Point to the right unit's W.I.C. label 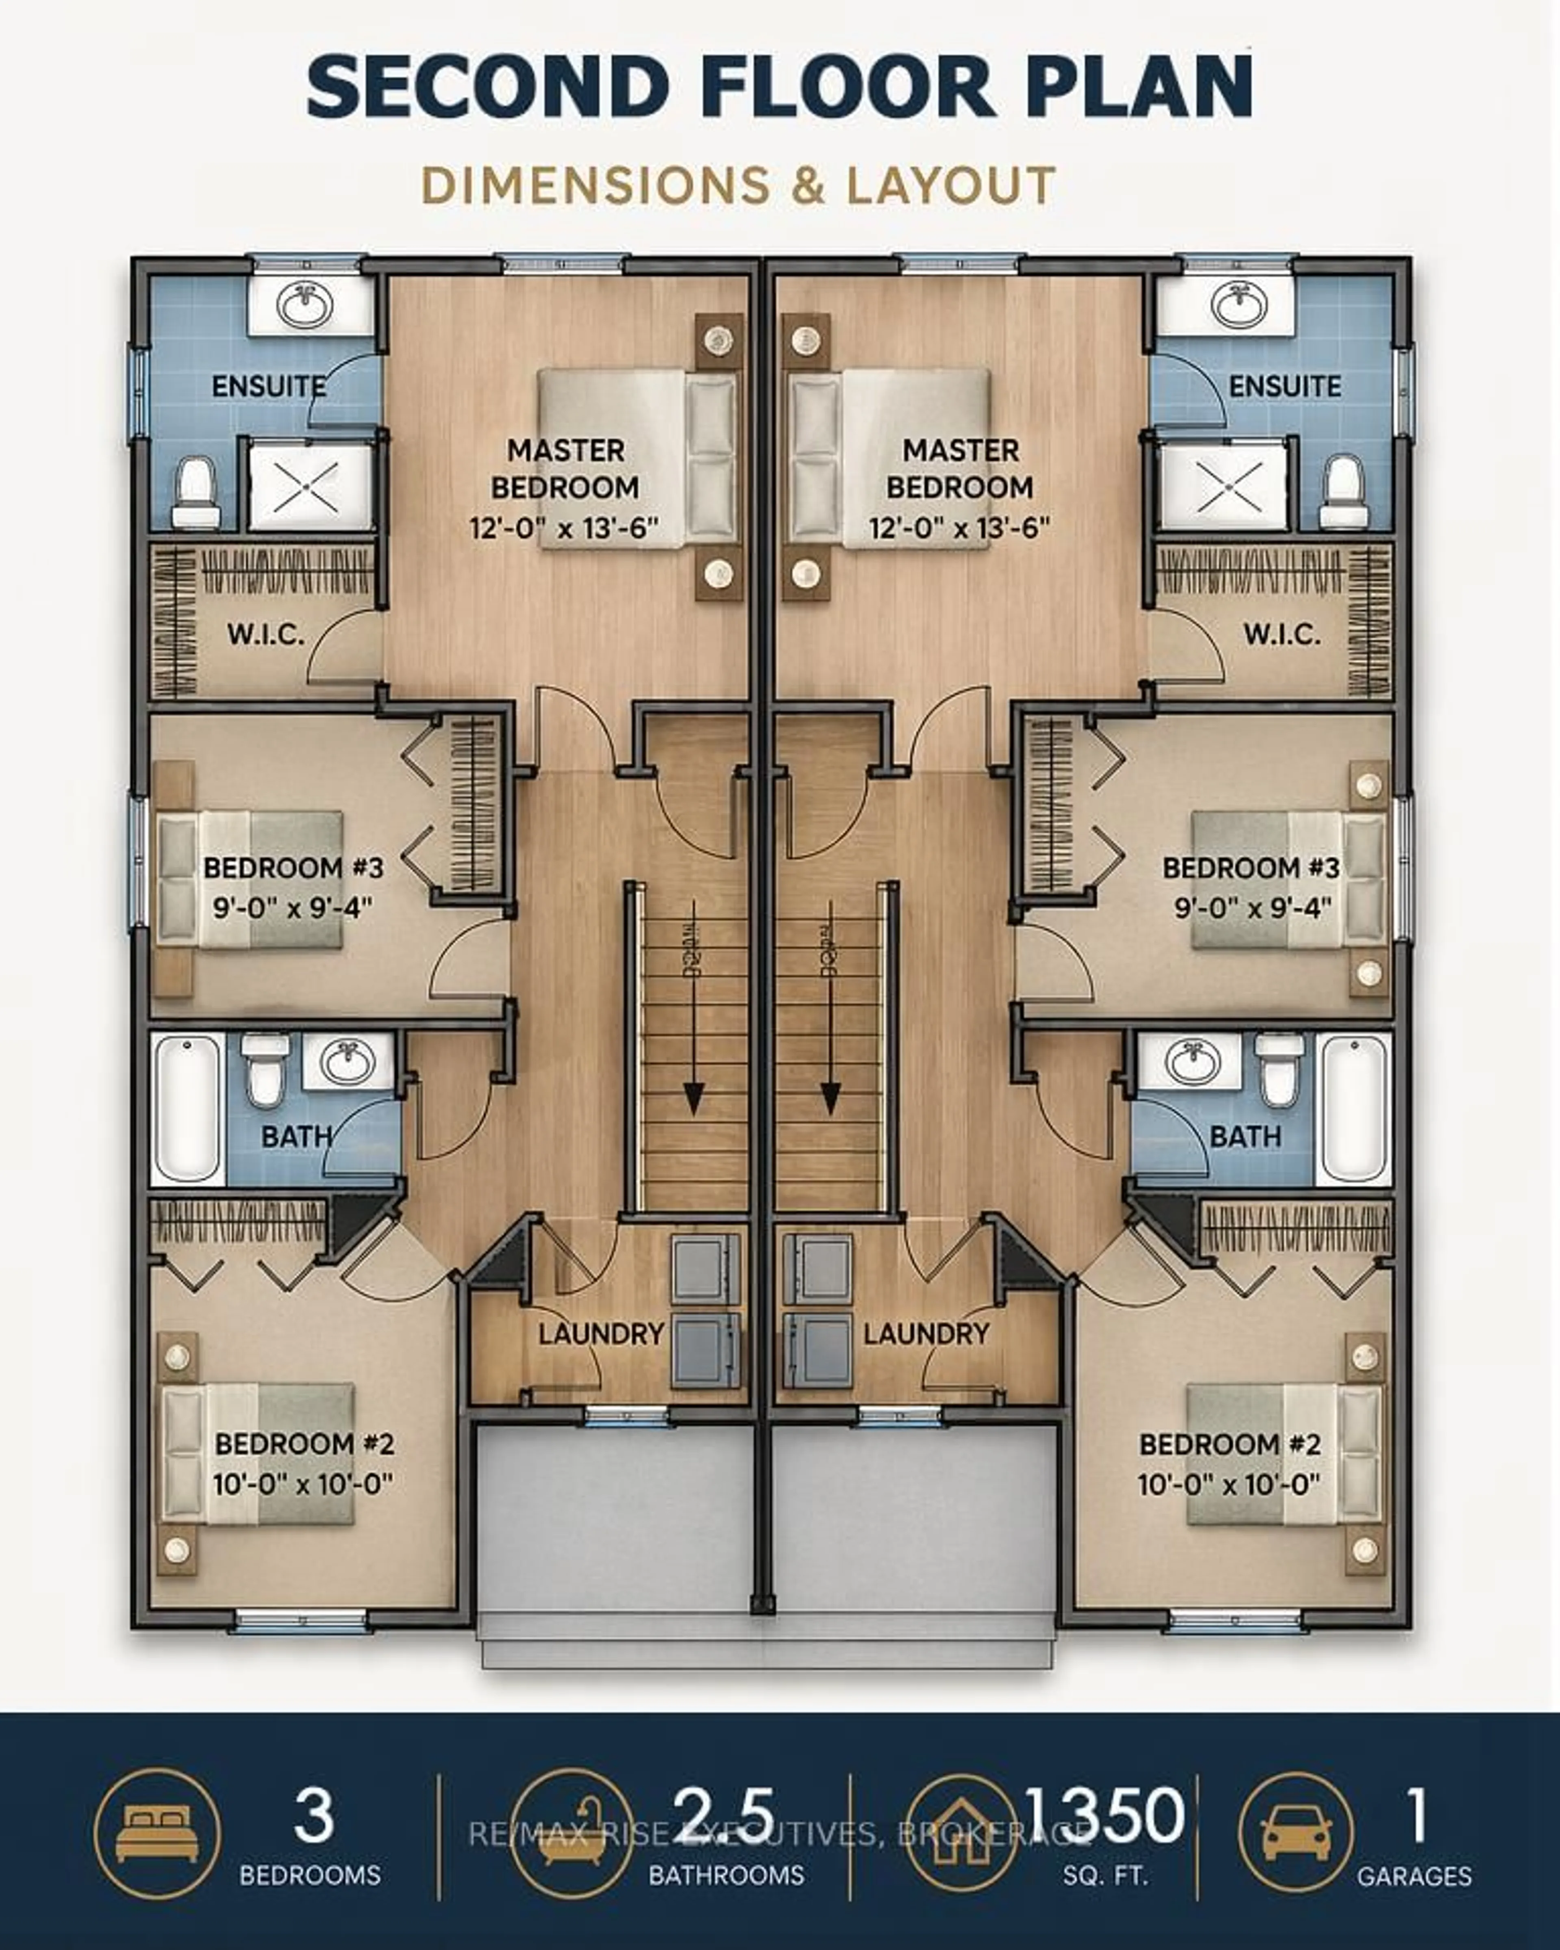(1281, 634)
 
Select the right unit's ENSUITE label (1284, 386)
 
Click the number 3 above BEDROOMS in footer (313, 1816)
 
